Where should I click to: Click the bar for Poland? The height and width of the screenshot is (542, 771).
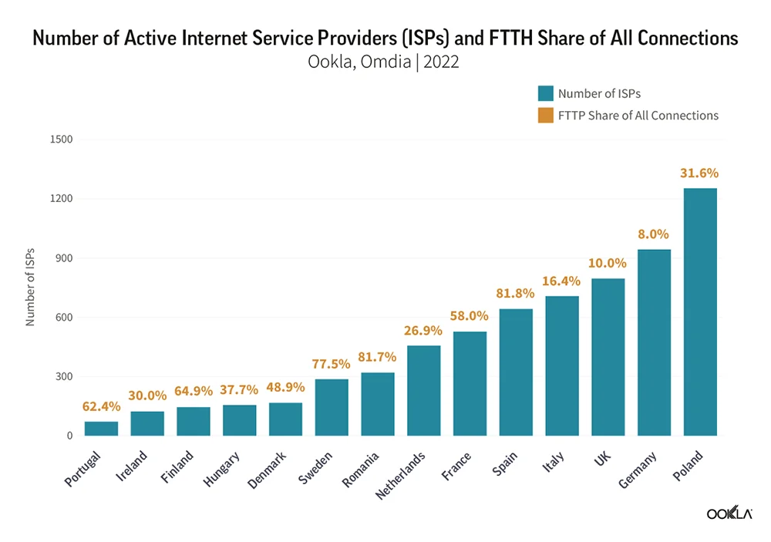(700, 312)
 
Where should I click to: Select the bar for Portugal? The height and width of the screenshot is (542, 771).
(101, 429)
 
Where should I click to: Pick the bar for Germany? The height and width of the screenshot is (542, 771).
(654, 342)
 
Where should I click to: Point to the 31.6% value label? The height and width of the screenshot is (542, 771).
(699, 173)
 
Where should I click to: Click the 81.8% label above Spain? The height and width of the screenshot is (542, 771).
(515, 294)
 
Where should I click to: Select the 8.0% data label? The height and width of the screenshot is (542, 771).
(654, 234)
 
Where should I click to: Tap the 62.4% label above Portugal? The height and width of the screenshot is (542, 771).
(101, 406)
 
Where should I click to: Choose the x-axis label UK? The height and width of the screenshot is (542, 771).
(601, 458)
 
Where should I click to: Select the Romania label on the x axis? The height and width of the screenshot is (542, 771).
(362, 470)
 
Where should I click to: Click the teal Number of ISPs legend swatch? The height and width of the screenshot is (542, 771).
(546, 93)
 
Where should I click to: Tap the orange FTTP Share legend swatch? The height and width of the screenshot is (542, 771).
(546, 116)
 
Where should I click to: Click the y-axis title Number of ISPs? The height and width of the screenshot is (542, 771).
(31, 288)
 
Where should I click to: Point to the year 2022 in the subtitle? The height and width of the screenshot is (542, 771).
(440, 62)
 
